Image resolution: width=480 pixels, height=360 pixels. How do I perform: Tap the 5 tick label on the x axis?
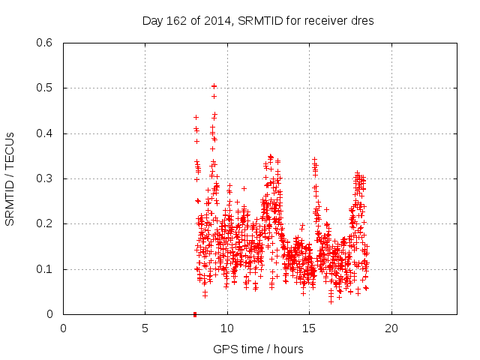tap(145, 328)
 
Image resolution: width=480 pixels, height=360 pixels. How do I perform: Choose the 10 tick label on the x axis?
tap(227, 328)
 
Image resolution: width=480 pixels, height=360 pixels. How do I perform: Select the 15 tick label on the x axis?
tap(309, 328)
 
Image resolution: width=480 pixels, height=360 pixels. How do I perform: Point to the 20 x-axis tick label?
tap(391, 328)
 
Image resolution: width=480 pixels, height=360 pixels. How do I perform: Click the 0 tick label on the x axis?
tap(63, 328)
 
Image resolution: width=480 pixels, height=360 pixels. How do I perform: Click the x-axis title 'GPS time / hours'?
tap(258, 349)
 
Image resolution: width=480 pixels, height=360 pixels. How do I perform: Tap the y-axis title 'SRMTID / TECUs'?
tap(10, 178)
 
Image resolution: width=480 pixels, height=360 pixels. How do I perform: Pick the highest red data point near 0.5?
tap(214, 86)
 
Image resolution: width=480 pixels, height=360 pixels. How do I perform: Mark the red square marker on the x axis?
tap(195, 313)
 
